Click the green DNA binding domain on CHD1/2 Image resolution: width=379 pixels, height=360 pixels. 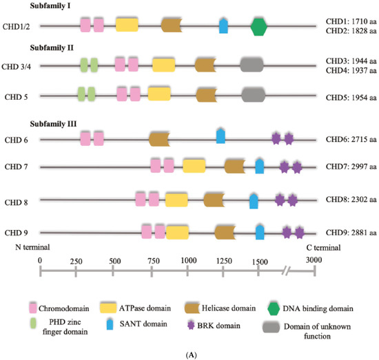tap(258, 26)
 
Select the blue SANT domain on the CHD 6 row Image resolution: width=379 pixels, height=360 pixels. tap(221, 136)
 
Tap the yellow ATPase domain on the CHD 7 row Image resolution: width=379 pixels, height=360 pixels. tap(194, 166)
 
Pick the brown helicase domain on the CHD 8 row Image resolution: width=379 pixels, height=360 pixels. tap(215, 200)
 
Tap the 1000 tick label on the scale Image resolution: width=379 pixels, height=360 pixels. tap(187, 261)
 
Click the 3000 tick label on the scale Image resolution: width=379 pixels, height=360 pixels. tap(314, 261)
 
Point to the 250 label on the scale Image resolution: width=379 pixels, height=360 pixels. tap(76, 261)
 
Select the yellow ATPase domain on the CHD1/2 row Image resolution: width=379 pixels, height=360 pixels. tap(126, 25)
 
